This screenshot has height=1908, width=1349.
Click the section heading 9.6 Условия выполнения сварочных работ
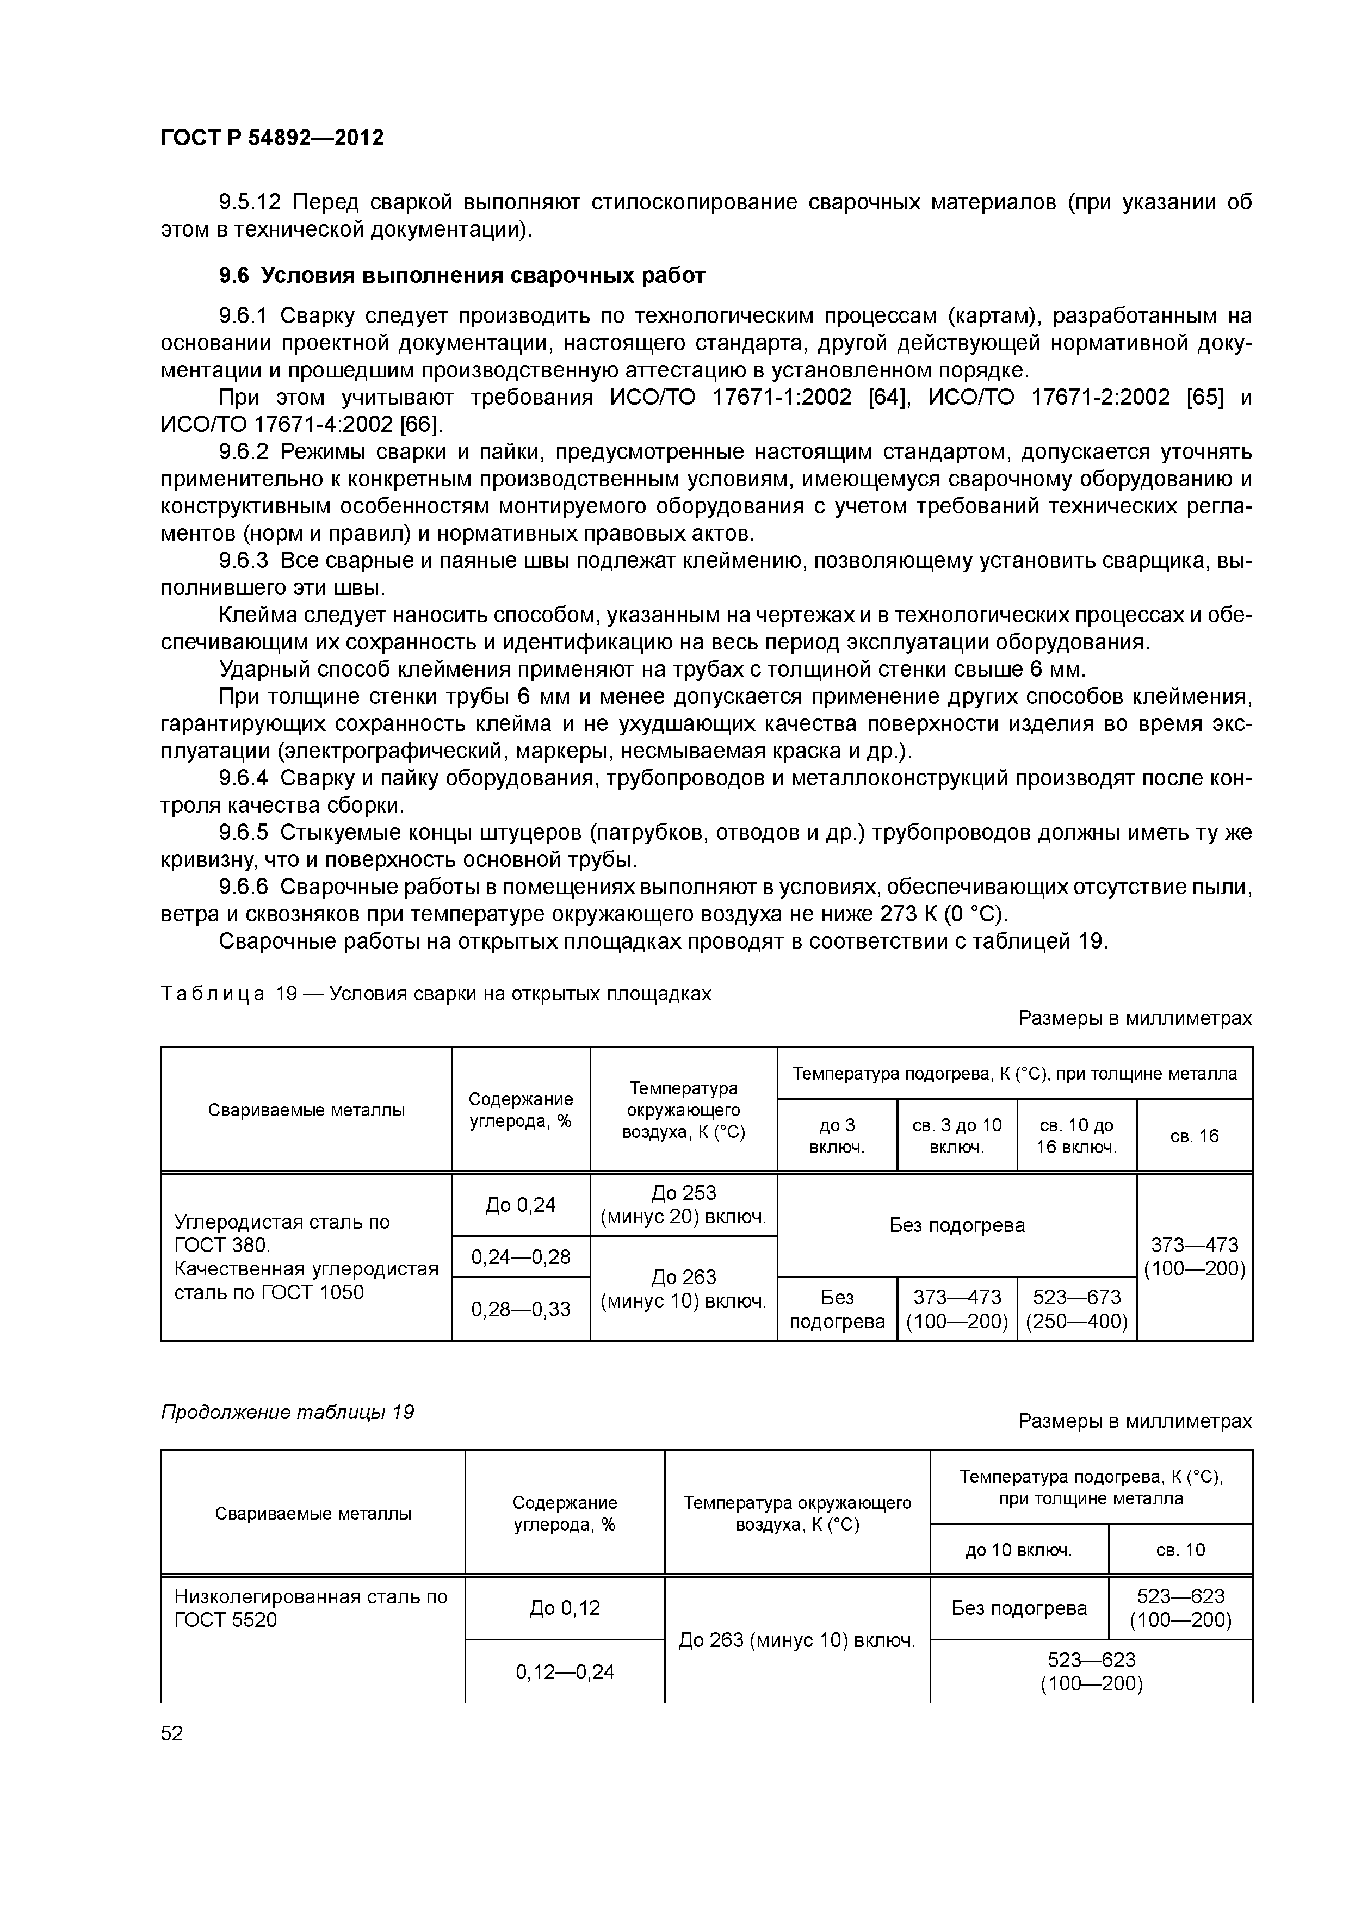coord(461,276)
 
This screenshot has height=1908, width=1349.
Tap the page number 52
coord(172,1733)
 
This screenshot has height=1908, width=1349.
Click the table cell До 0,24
coord(521,1205)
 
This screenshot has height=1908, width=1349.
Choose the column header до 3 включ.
coord(837,1136)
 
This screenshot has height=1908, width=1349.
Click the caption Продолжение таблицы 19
coord(287,1413)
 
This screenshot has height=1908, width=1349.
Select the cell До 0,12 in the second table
coord(565,1608)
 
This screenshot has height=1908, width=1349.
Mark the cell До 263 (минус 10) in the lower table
coord(796,1640)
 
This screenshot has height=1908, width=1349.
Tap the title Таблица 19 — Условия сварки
coord(436,994)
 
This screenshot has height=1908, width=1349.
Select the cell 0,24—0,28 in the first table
coord(521,1256)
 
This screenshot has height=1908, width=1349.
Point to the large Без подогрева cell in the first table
coord(957,1225)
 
